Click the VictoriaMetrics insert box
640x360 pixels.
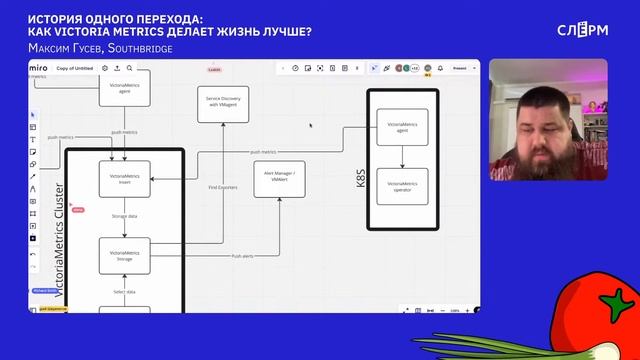pyautogui.click(x=125, y=179)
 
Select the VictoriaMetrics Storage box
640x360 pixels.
pyautogui.click(x=125, y=256)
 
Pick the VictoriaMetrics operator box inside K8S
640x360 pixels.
pyautogui.click(x=402, y=187)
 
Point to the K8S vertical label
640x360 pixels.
pyautogui.click(x=361, y=178)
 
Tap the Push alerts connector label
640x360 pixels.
pyautogui.click(x=243, y=257)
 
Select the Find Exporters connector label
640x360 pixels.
pyautogui.click(x=222, y=187)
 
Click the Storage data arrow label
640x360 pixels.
pyautogui.click(x=125, y=216)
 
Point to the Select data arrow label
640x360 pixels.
pyautogui.click(x=124, y=291)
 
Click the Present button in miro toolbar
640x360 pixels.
pyautogui.click(x=459, y=68)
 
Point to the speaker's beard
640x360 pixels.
pyautogui.click(x=545, y=175)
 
